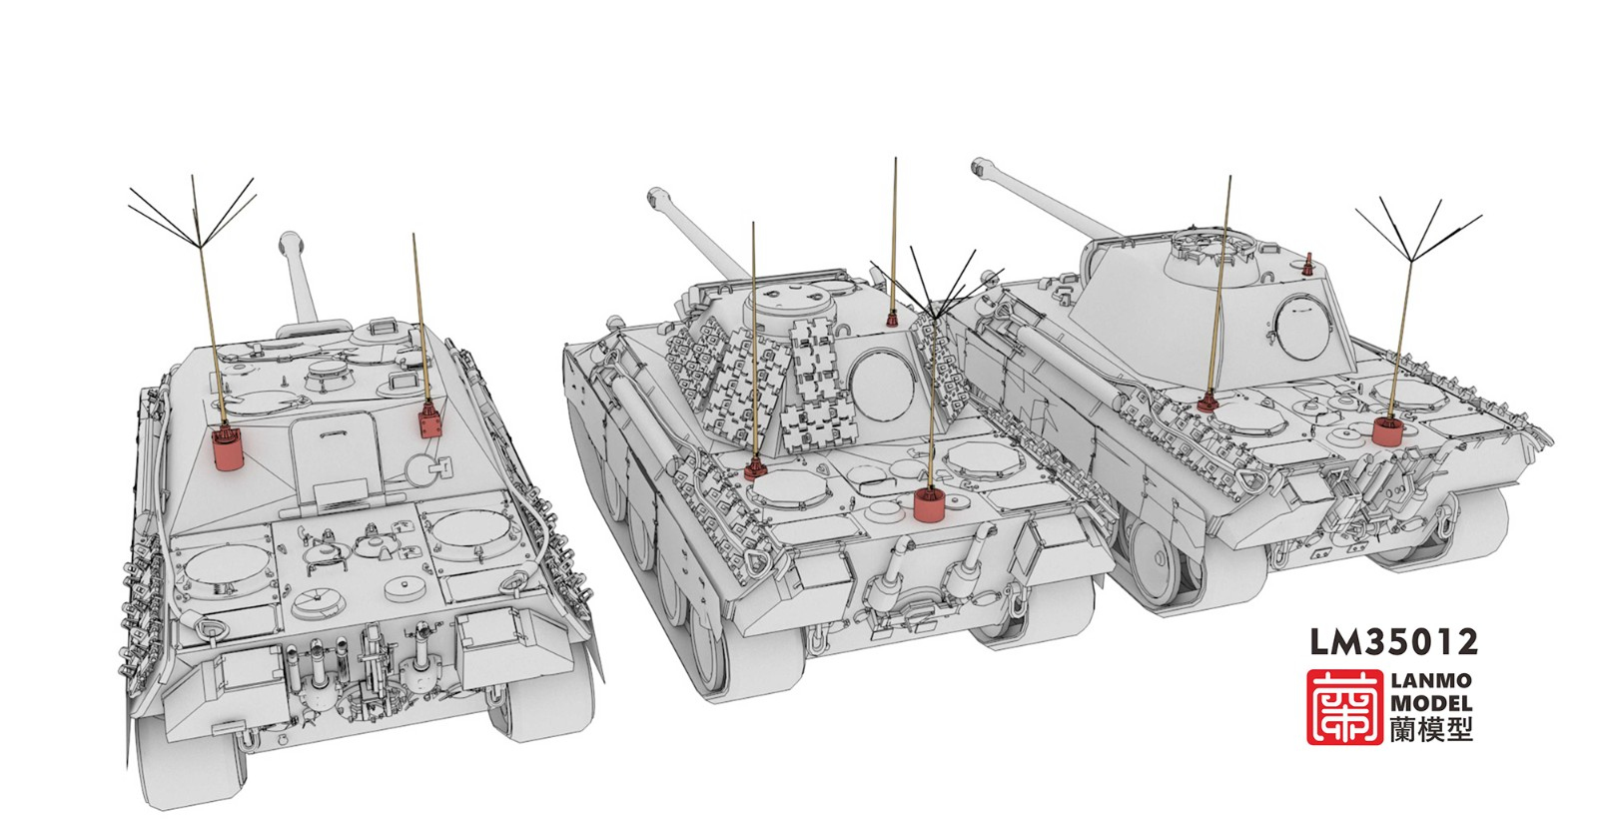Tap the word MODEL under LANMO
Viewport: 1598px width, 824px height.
pos(1430,703)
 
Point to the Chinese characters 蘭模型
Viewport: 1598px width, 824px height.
pos(1430,730)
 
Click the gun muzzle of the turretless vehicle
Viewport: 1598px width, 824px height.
pos(291,243)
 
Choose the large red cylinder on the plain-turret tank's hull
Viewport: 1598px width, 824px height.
pos(1386,431)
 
